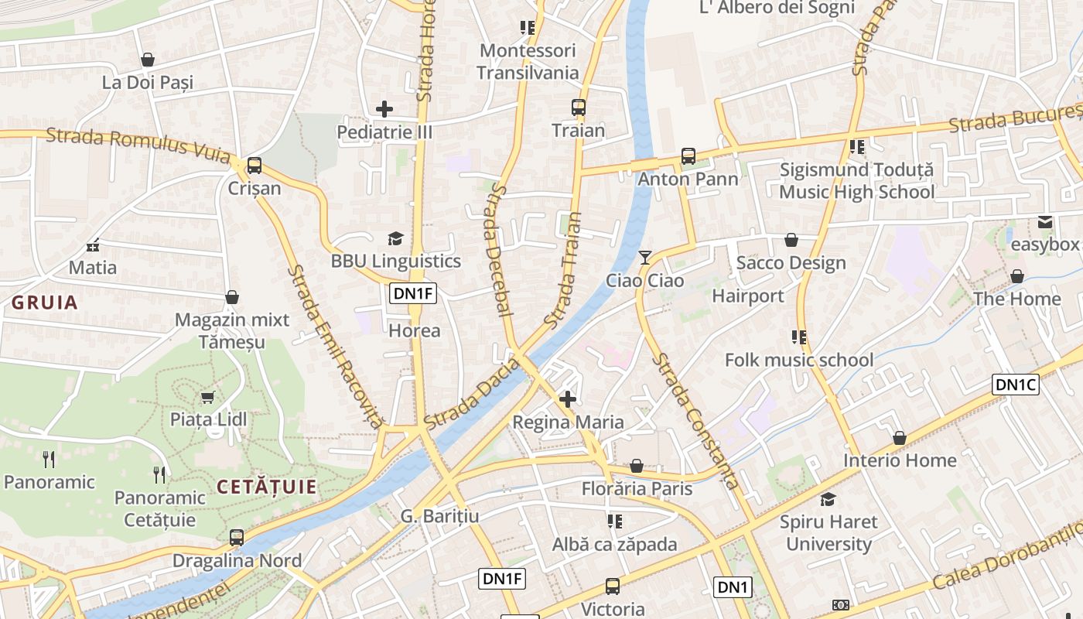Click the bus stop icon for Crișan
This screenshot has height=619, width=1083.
point(254,166)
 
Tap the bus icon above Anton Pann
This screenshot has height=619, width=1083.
point(688,156)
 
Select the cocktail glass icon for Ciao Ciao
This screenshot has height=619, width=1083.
point(645,257)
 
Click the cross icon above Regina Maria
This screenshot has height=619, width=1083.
point(568,399)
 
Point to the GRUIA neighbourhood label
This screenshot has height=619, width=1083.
point(45,303)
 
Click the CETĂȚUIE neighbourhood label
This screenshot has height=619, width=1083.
point(267,487)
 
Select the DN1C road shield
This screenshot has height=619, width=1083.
point(1015,385)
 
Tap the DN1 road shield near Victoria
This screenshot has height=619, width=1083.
point(733,587)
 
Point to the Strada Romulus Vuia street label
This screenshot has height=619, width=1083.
point(138,145)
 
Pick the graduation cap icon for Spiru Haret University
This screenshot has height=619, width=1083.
point(828,499)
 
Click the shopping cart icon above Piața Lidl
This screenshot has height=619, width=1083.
point(207,398)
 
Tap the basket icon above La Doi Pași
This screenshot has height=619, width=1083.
point(147,60)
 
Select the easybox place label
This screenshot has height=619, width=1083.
point(1045,245)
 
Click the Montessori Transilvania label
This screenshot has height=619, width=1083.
point(528,62)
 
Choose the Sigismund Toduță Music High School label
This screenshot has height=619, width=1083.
point(856,181)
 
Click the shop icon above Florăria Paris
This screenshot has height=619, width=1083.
point(636,466)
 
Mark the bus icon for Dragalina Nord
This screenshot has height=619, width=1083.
point(237,537)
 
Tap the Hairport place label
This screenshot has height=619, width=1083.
point(747,296)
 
